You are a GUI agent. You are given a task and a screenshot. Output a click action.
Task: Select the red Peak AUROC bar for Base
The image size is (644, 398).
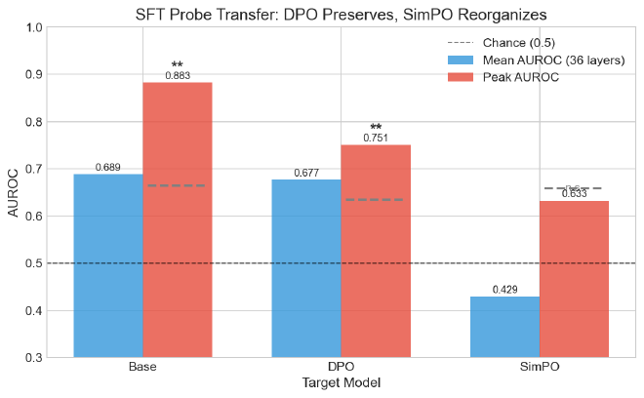(178, 219)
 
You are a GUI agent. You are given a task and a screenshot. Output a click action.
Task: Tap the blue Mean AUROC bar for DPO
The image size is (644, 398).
(306, 268)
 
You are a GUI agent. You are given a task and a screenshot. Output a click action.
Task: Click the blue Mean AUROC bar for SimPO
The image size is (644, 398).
(504, 327)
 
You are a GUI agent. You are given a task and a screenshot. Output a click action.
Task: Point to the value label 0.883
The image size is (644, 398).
(178, 75)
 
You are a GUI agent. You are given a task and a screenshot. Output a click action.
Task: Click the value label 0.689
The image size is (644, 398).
(108, 168)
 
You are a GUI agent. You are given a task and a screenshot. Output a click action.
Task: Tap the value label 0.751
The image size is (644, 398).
(376, 138)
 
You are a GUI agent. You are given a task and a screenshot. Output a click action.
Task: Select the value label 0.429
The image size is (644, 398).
(504, 291)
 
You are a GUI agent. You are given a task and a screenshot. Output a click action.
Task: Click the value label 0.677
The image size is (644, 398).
(306, 174)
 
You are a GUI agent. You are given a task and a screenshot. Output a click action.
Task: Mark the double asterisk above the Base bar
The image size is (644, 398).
(178, 64)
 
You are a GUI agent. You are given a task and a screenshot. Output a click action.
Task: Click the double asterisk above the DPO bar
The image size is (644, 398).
(376, 128)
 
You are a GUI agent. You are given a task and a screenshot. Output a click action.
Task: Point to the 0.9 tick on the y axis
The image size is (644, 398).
(34, 74)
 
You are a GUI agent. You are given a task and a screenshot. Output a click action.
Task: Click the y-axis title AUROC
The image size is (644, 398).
(14, 192)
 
